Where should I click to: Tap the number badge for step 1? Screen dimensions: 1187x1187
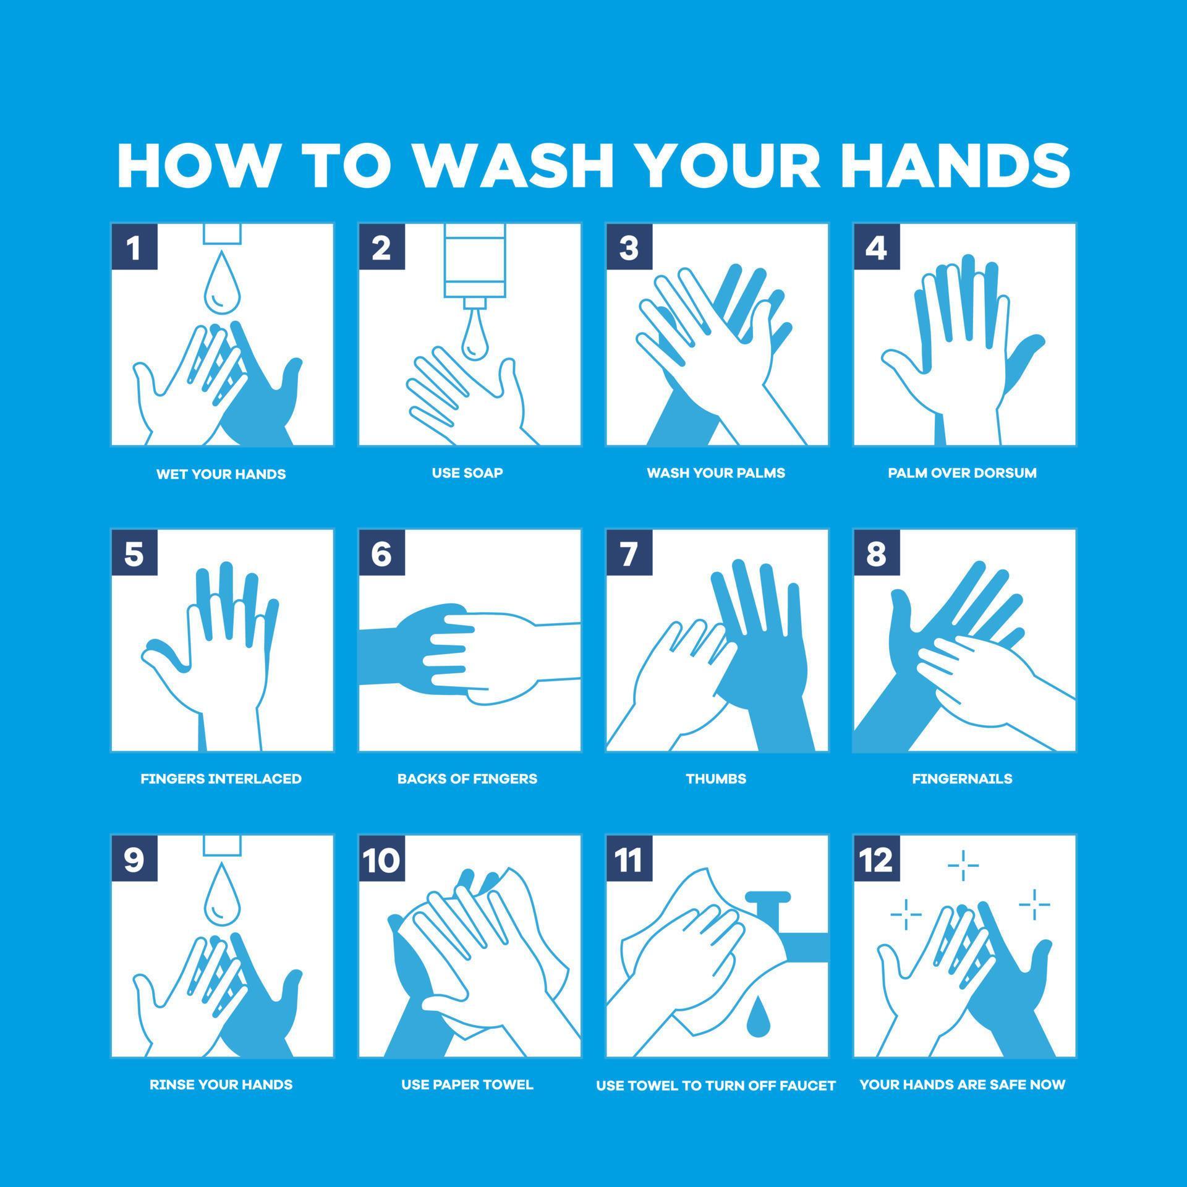(134, 247)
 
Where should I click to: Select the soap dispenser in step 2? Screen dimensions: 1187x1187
(474, 263)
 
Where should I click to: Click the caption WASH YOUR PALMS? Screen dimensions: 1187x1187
(716, 473)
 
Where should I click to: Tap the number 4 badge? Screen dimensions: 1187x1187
(876, 247)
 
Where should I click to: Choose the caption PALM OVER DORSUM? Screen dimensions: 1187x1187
(963, 473)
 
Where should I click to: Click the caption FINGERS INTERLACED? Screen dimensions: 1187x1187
(221, 778)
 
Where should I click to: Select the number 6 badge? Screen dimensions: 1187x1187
(381, 553)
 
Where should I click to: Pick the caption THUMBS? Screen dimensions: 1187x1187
(716, 778)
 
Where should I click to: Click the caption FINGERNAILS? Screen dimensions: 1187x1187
(963, 778)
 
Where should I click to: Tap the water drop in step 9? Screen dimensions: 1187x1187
(222, 896)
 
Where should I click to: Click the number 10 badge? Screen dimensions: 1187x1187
(381, 859)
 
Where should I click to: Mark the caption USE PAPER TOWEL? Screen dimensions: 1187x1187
(467, 1084)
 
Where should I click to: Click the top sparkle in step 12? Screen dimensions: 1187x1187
(963, 866)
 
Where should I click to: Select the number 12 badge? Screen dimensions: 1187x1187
(876, 859)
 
